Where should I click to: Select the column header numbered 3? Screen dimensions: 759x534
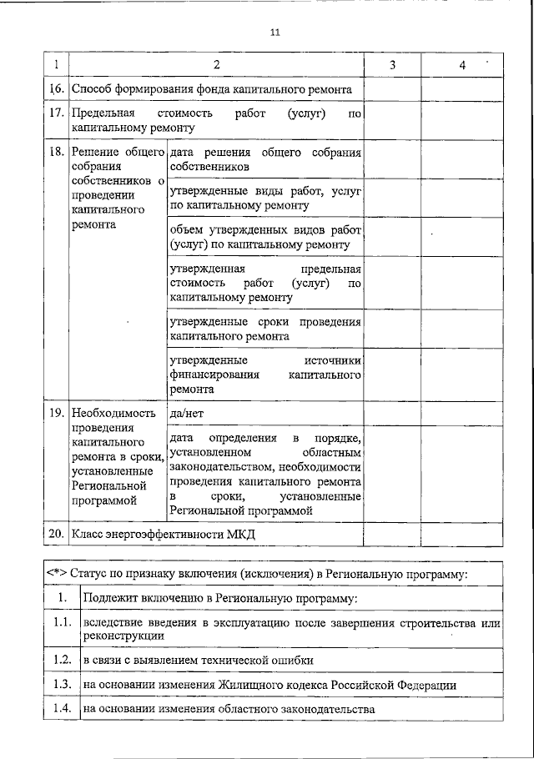pyautogui.click(x=392, y=65)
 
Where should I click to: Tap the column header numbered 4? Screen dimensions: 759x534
pyautogui.click(x=461, y=65)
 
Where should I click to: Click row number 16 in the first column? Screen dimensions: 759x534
pyautogui.click(x=57, y=88)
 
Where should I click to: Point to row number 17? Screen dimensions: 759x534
pyautogui.click(x=57, y=113)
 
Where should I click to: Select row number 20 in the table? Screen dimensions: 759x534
pyautogui.click(x=57, y=533)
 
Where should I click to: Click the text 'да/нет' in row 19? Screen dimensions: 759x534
pyautogui.click(x=186, y=413)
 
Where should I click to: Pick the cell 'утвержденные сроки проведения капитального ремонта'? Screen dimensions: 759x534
pyautogui.click(x=264, y=329)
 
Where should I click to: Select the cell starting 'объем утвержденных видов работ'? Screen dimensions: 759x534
pyautogui.click(x=264, y=237)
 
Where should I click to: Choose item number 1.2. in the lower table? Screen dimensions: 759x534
pyautogui.click(x=60, y=660)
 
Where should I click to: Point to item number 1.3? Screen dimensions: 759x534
pyautogui.click(x=60, y=685)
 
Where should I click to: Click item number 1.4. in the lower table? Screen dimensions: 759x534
pyautogui.click(x=60, y=709)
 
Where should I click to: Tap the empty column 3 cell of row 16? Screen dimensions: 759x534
pyautogui.click(x=392, y=88)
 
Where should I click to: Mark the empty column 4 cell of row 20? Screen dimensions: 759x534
pyautogui.click(x=461, y=533)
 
